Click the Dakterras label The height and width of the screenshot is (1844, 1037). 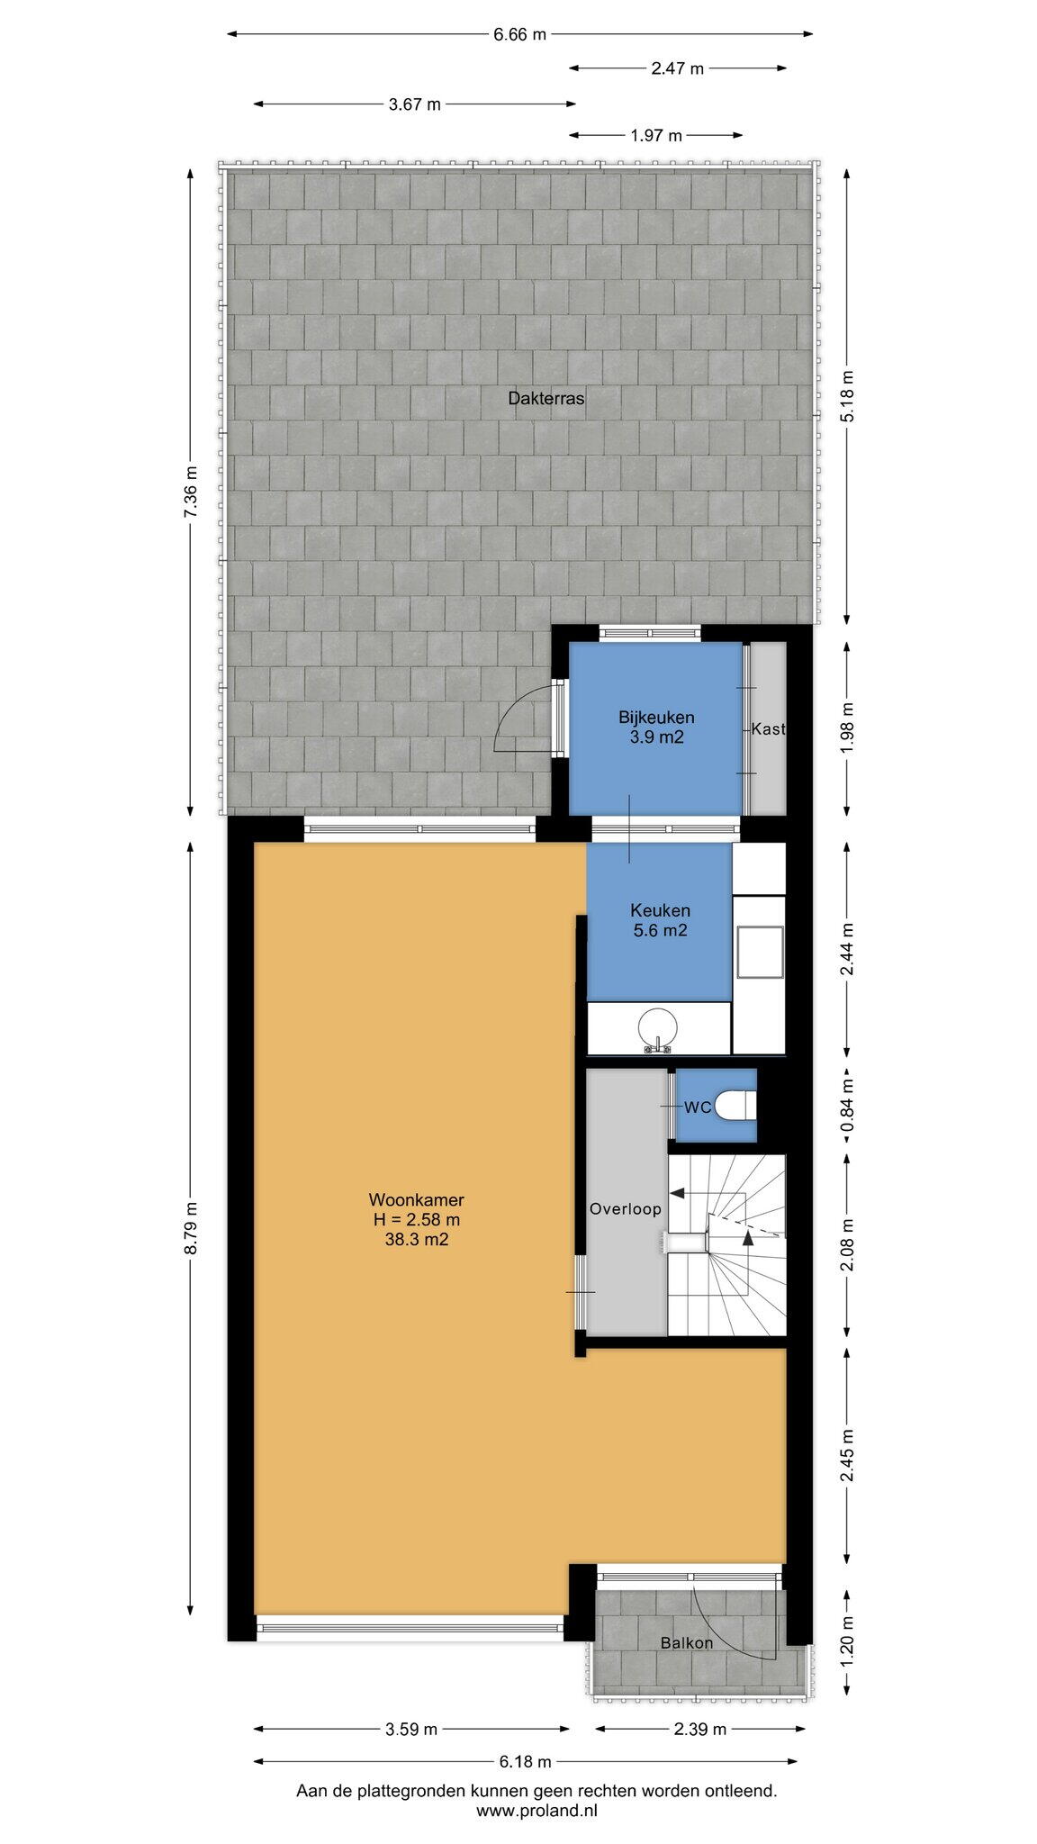[x=546, y=398]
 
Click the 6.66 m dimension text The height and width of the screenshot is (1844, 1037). [x=519, y=35]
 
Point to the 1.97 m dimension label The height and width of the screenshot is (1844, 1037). [x=656, y=136]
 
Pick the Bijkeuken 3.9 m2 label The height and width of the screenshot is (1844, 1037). [x=656, y=728]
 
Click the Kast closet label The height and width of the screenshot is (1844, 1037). [x=768, y=729]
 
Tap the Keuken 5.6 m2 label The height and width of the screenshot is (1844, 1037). [x=660, y=920]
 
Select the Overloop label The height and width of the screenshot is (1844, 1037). [x=625, y=1209]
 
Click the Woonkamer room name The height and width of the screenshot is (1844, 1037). [x=416, y=1200]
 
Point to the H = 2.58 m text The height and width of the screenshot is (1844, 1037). [x=417, y=1220]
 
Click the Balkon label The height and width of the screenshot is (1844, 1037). [x=686, y=1643]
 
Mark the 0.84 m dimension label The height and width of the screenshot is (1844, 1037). [x=846, y=1106]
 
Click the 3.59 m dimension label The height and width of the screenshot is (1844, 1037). [x=411, y=1730]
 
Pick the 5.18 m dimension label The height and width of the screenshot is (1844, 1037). [x=846, y=397]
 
